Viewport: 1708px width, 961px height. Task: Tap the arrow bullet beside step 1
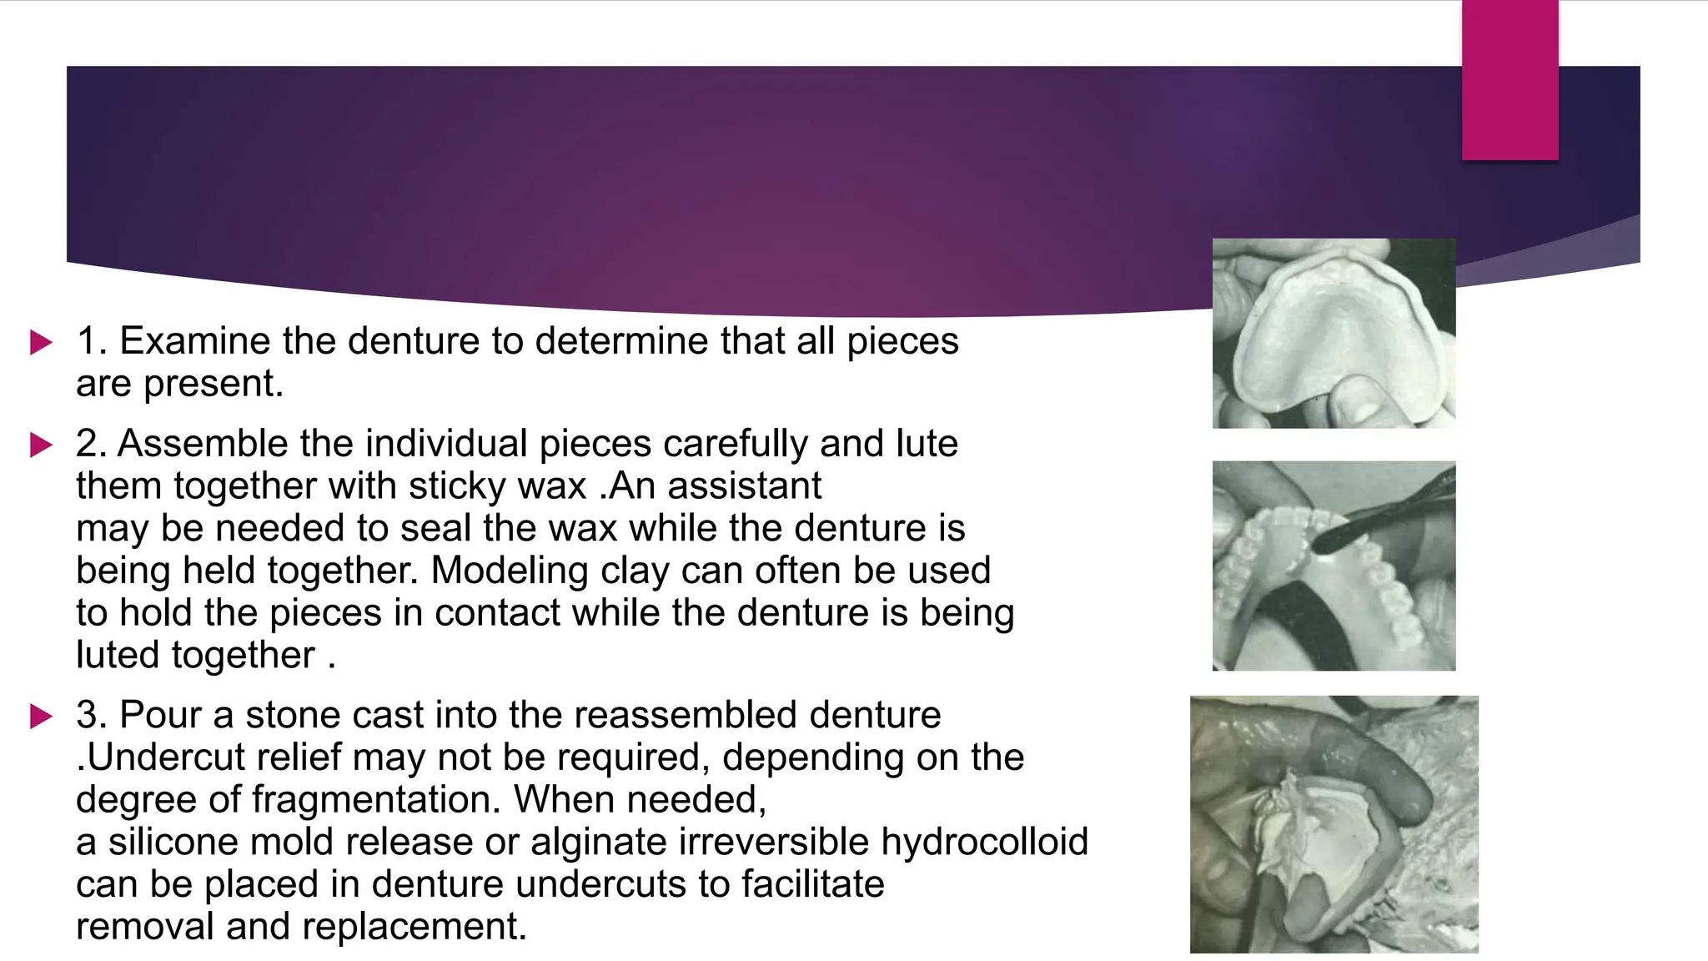(x=41, y=342)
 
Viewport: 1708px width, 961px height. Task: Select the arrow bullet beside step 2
(x=41, y=445)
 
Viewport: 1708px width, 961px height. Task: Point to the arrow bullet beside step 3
(x=41, y=716)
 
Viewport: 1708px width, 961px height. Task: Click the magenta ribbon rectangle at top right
(x=1510, y=80)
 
